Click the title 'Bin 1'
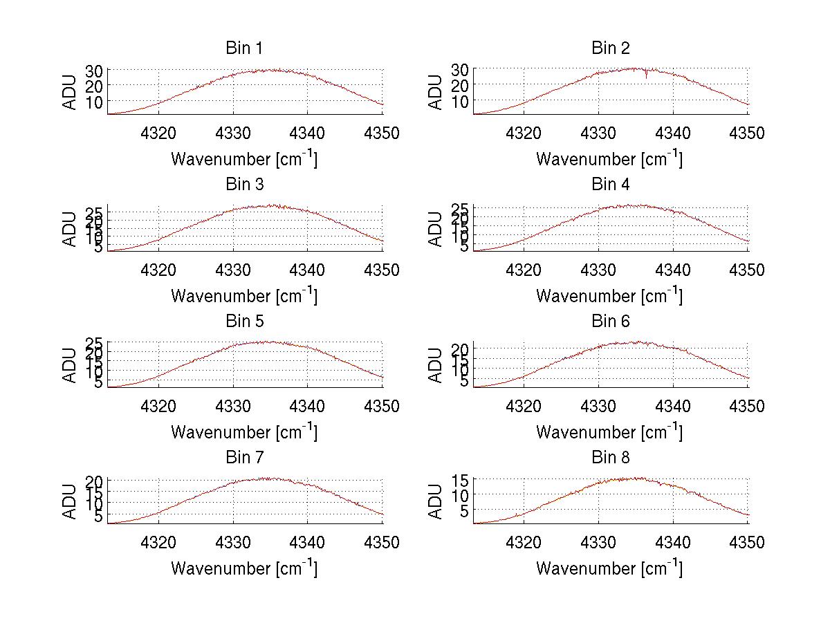pyautogui.click(x=244, y=48)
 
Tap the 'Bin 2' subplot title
pyautogui.click(x=610, y=48)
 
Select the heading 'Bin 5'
pyautogui.click(x=244, y=322)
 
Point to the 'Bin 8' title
pyautogui.click(x=610, y=458)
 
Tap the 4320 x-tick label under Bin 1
pyautogui.click(x=159, y=133)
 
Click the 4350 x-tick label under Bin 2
pyautogui.click(x=747, y=133)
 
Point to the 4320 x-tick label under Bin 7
pyautogui.click(x=159, y=543)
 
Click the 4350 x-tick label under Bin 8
pyautogui.click(x=747, y=543)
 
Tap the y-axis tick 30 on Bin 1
pyautogui.click(x=94, y=71)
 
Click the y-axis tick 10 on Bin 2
pyautogui.click(x=460, y=100)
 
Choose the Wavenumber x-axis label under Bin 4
pyautogui.click(x=609, y=295)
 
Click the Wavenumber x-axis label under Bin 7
pyautogui.click(x=244, y=568)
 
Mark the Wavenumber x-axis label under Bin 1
pyautogui.click(x=244, y=159)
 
